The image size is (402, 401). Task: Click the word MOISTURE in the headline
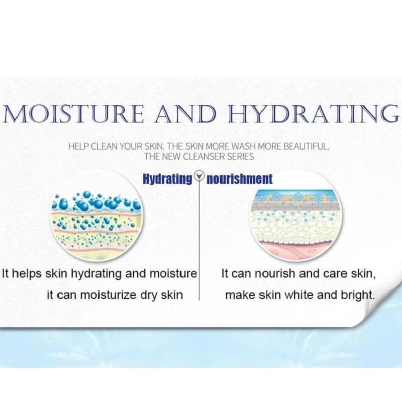pyautogui.click(x=73, y=114)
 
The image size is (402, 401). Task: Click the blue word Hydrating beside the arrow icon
pyautogui.click(x=167, y=179)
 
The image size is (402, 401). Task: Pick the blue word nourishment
pyautogui.click(x=239, y=179)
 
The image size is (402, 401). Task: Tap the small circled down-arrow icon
pyautogui.click(x=199, y=176)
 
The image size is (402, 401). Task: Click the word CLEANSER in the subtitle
pyautogui.click(x=203, y=156)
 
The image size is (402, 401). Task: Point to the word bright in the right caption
pyautogui.click(x=358, y=296)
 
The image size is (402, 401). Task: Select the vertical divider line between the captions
pyautogui.click(x=199, y=239)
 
